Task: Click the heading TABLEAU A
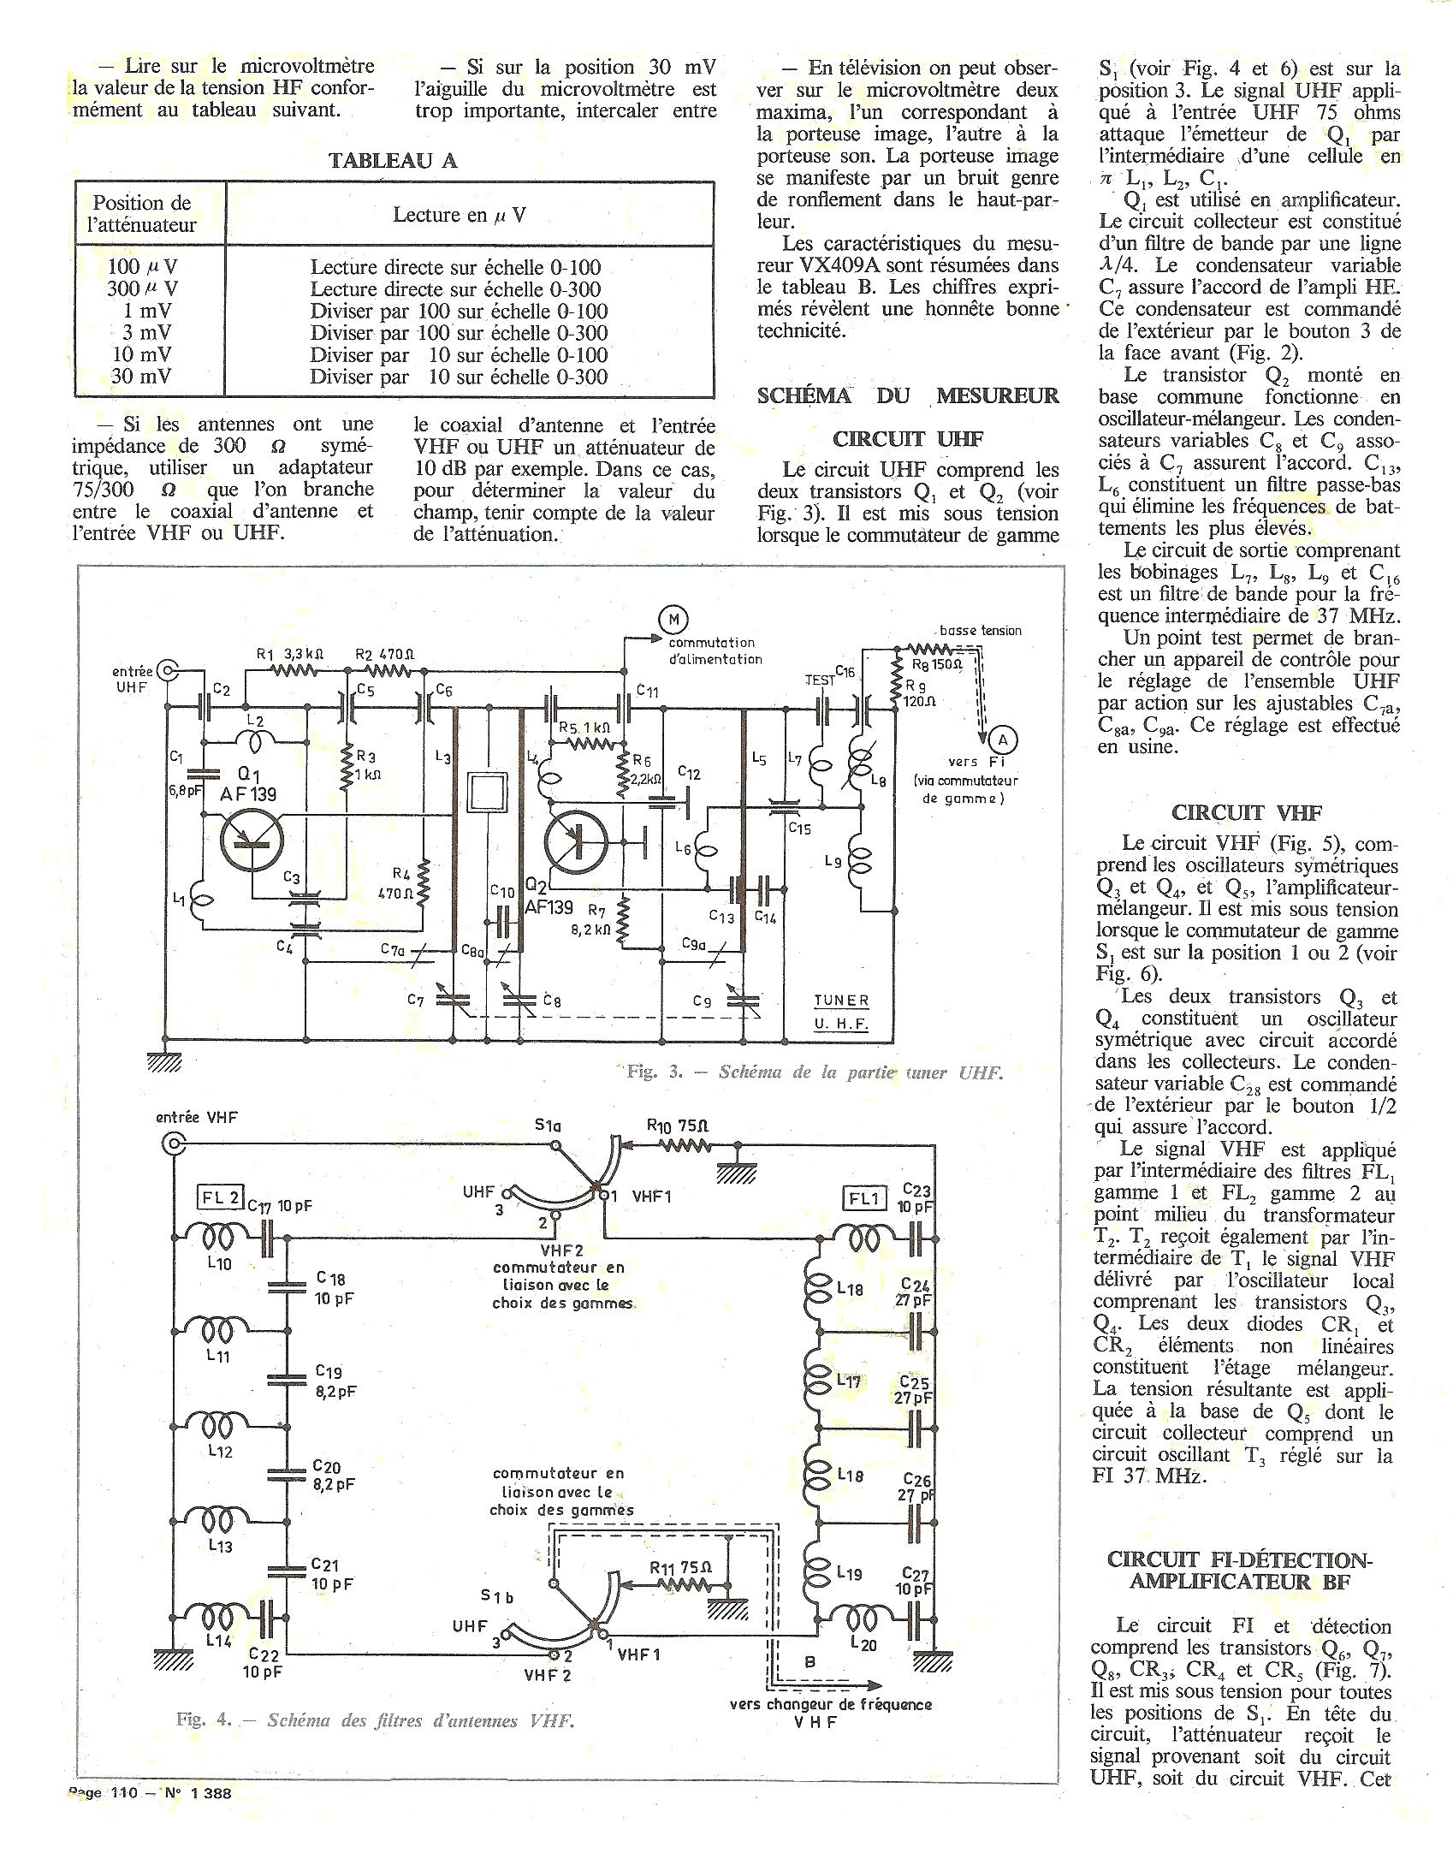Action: tap(394, 160)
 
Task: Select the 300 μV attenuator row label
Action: tap(142, 288)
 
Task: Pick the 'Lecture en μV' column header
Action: tap(460, 214)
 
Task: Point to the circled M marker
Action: tap(672, 619)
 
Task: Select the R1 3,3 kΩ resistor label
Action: tap(290, 654)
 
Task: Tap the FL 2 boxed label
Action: tap(219, 1197)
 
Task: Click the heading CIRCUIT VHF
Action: tap(1247, 812)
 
